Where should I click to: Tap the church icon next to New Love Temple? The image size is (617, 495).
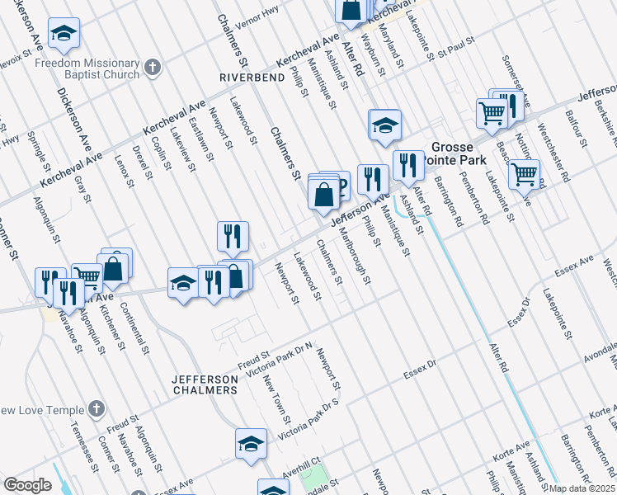point(97,408)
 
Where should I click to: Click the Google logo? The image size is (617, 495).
point(27,484)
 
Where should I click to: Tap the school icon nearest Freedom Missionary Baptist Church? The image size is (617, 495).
point(64,33)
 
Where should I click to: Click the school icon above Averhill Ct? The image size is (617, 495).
point(251,444)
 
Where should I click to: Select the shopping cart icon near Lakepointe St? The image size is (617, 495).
point(525,175)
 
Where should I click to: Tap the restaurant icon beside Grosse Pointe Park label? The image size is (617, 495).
point(407,165)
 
